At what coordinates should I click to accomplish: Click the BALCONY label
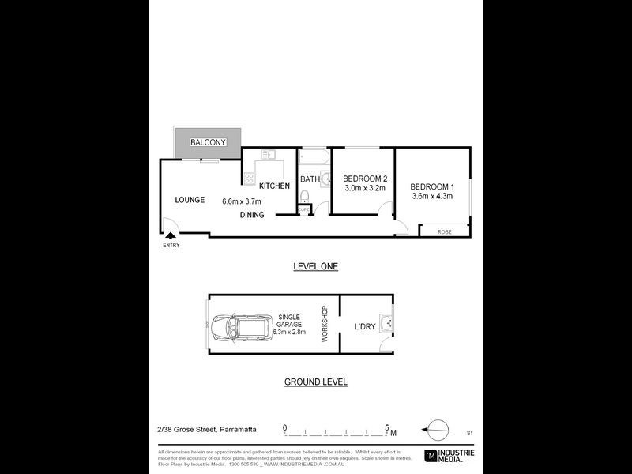208,142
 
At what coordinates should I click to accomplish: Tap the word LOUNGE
190,200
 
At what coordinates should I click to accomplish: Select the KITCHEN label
274,186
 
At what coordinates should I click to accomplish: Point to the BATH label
310,179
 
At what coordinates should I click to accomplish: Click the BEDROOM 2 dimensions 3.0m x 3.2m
364,189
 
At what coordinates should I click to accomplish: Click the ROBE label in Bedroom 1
445,231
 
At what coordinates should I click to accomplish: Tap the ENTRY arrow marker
171,235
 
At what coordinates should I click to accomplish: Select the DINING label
252,215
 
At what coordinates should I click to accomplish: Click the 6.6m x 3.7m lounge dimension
242,201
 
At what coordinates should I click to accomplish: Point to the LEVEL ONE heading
315,267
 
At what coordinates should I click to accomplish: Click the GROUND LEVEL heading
315,382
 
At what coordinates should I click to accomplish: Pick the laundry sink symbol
386,323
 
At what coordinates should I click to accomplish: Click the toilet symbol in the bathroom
304,195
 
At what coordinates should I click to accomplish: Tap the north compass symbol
434,430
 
